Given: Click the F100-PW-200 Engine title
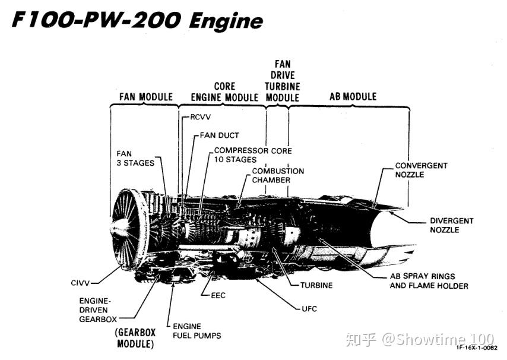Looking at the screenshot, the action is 137,20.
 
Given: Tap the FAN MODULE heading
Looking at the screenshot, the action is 146,97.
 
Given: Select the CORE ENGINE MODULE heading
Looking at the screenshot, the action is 224,92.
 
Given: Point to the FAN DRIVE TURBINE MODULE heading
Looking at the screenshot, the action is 282,81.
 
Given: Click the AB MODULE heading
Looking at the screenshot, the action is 353,96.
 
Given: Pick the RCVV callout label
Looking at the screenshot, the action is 200,117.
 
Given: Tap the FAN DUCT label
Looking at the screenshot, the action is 219,135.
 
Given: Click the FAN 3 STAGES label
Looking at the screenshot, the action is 135,158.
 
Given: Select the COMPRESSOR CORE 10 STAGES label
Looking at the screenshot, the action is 253,155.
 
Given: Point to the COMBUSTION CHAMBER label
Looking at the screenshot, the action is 278,175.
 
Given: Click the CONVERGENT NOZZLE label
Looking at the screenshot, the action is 422,170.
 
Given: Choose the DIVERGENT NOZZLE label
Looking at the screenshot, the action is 451,225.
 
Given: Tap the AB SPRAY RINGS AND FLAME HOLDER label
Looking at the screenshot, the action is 429,281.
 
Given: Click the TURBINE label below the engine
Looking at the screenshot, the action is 316,285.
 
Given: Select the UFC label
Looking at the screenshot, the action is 309,309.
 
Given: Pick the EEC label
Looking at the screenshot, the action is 218,295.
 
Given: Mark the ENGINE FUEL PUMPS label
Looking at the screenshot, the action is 197,331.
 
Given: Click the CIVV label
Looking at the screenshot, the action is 80,283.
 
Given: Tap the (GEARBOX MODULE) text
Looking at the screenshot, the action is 135,338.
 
